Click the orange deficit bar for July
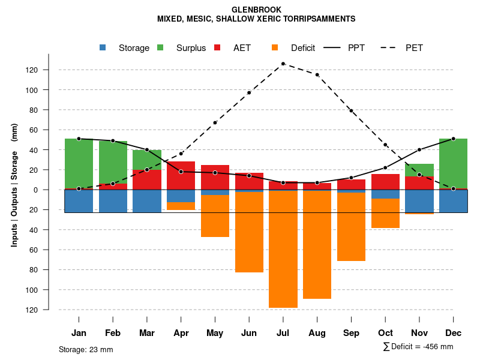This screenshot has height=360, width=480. [283, 249]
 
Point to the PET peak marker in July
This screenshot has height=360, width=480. [283, 64]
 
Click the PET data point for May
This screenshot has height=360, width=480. [215, 122]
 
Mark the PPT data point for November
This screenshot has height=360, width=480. [419, 150]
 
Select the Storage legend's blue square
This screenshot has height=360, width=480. [103, 48]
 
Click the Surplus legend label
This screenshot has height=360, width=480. [191, 48]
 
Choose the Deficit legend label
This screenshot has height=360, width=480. [303, 48]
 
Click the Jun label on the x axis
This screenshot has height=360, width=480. [249, 333]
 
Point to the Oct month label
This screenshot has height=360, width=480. [385, 333]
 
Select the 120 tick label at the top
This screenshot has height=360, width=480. [49, 70]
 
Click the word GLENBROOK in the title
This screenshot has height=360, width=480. [256, 10]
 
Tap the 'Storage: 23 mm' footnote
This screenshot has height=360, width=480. [86, 349]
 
